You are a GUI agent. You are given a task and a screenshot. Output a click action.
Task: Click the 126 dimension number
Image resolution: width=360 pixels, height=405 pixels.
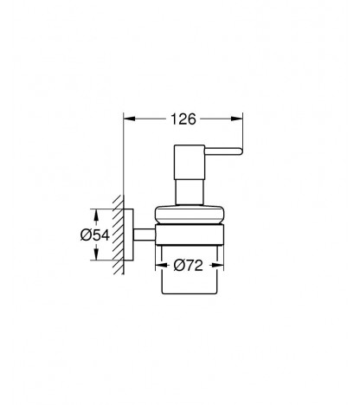click(183, 119)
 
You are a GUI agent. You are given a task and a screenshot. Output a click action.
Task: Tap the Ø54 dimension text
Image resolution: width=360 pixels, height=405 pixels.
click(95, 235)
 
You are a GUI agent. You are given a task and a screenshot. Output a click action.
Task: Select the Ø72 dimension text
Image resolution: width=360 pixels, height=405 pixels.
click(189, 266)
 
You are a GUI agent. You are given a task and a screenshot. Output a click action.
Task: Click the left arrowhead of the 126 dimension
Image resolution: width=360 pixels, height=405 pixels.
click(129, 119)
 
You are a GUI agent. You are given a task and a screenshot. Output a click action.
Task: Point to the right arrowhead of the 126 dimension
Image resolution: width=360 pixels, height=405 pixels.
click(237, 119)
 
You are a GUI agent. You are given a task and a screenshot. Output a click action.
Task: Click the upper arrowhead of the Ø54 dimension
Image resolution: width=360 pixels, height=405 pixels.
click(96, 215)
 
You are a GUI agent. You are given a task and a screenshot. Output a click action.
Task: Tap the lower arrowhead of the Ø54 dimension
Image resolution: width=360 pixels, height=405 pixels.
click(96, 254)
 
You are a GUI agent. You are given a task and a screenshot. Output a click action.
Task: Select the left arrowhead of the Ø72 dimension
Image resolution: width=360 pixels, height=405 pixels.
click(161, 265)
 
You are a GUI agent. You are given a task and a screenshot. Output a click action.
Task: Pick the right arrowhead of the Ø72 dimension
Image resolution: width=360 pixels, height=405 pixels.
click(218, 265)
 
